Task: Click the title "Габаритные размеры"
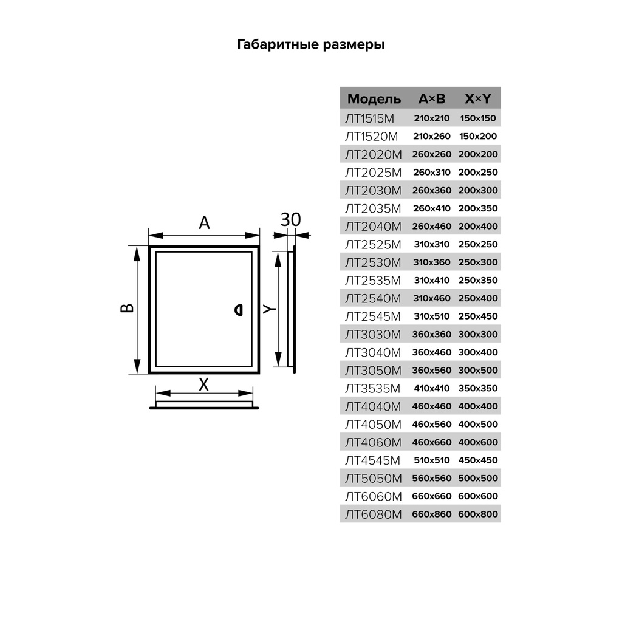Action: [x=310, y=45]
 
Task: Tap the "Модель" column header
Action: [x=374, y=99]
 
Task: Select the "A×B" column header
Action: [x=431, y=99]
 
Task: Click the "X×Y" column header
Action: [x=477, y=99]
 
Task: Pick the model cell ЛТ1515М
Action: [x=374, y=118]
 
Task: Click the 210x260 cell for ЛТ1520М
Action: [x=431, y=137]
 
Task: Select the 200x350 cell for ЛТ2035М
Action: [x=477, y=208]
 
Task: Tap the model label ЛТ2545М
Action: [x=374, y=316]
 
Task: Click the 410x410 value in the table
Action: [x=431, y=388]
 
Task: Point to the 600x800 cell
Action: [x=477, y=514]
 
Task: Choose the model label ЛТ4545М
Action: [x=374, y=460]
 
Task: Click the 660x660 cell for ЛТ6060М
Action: [x=431, y=496]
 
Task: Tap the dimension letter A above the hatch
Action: [x=205, y=224]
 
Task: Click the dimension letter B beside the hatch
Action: [x=126, y=309]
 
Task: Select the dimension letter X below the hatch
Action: [x=204, y=384]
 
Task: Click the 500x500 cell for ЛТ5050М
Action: [x=477, y=478]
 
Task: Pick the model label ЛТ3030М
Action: [x=374, y=334]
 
